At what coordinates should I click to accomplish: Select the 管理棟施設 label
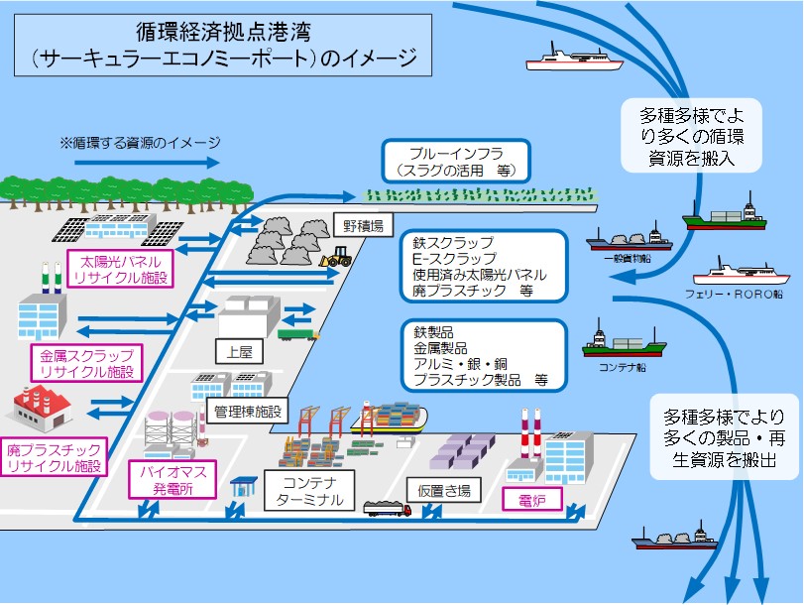[x=247, y=411]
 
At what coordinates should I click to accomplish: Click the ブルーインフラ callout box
[x=457, y=161]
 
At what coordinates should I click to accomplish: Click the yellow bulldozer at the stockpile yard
[x=336, y=259]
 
